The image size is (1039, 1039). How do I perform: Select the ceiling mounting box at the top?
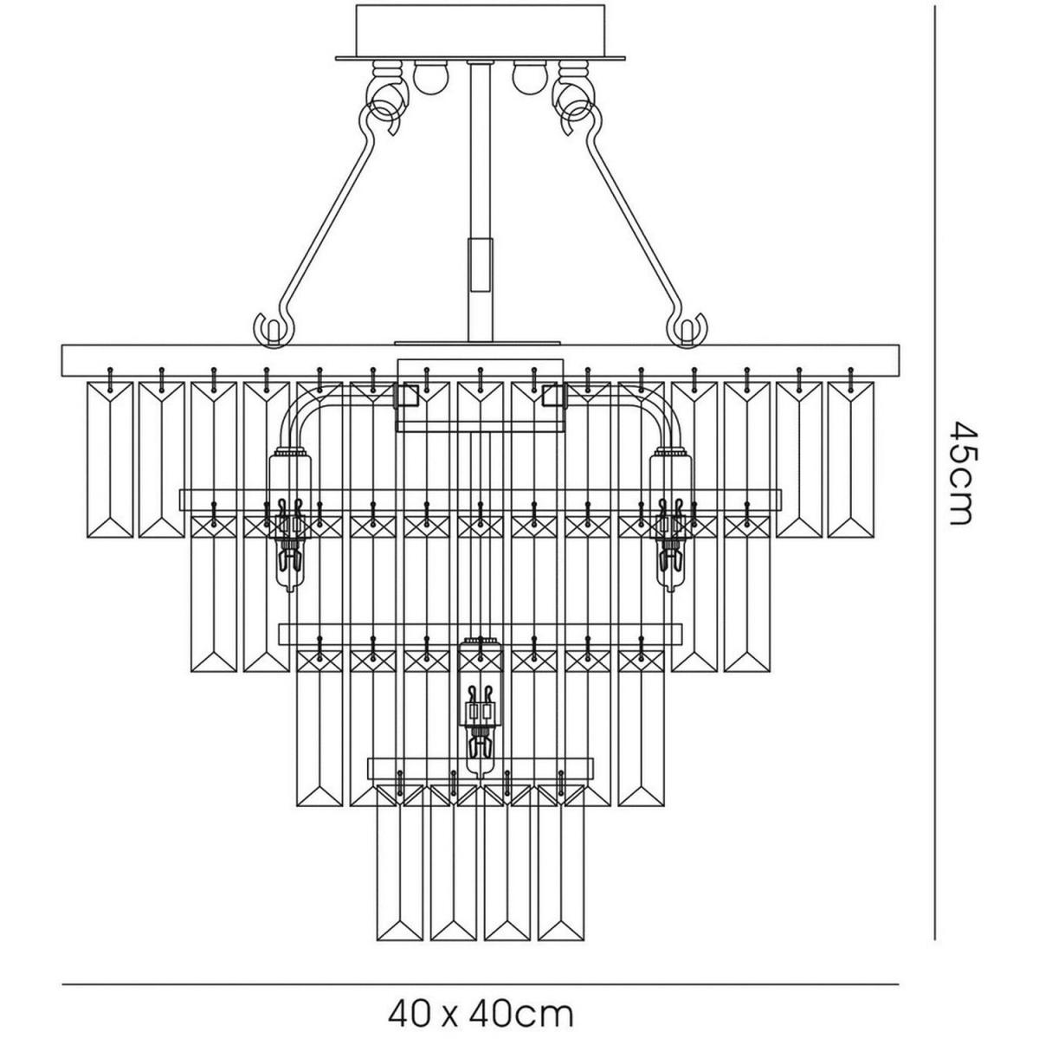point(480,29)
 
